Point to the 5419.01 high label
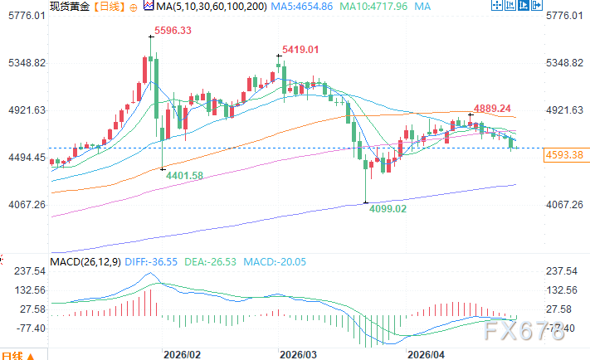pyautogui.click(x=301, y=50)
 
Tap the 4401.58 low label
pyautogui.click(x=184, y=174)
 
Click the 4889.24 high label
pyautogui.click(x=493, y=109)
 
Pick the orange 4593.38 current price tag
pyautogui.click(x=564, y=154)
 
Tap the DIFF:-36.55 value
pyautogui.click(x=150, y=262)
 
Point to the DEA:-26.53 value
pyautogui.click(x=211, y=262)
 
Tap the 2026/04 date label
pyautogui.click(x=424, y=353)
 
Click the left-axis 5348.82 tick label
pyautogui.click(x=26, y=63)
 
